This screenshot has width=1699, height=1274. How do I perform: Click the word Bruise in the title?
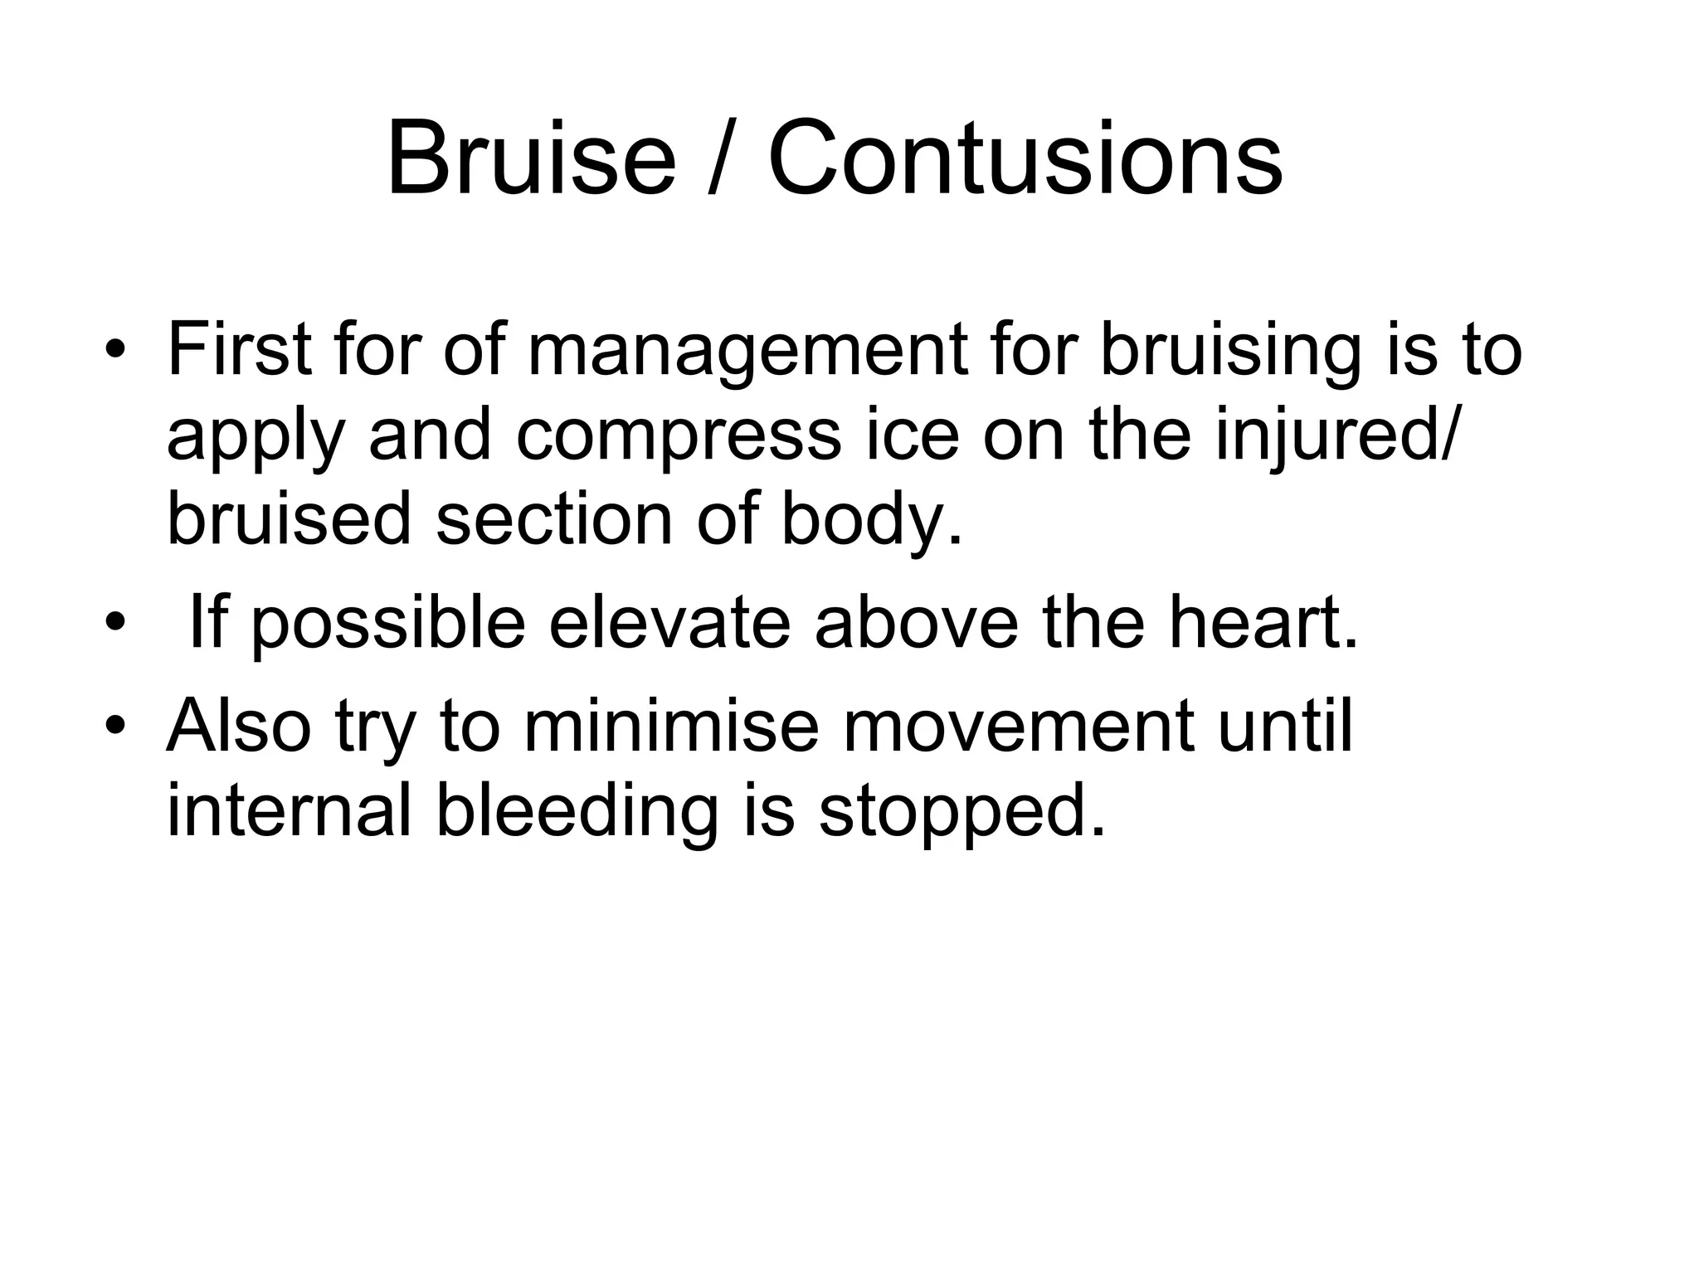tap(531, 158)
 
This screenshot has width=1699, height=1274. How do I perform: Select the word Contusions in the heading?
tap(1025, 158)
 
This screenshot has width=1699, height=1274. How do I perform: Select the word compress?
tap(678, 438)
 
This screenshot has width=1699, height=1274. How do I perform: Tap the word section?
tap(554, 519)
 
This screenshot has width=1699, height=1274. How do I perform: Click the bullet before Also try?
tap(114, 724)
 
